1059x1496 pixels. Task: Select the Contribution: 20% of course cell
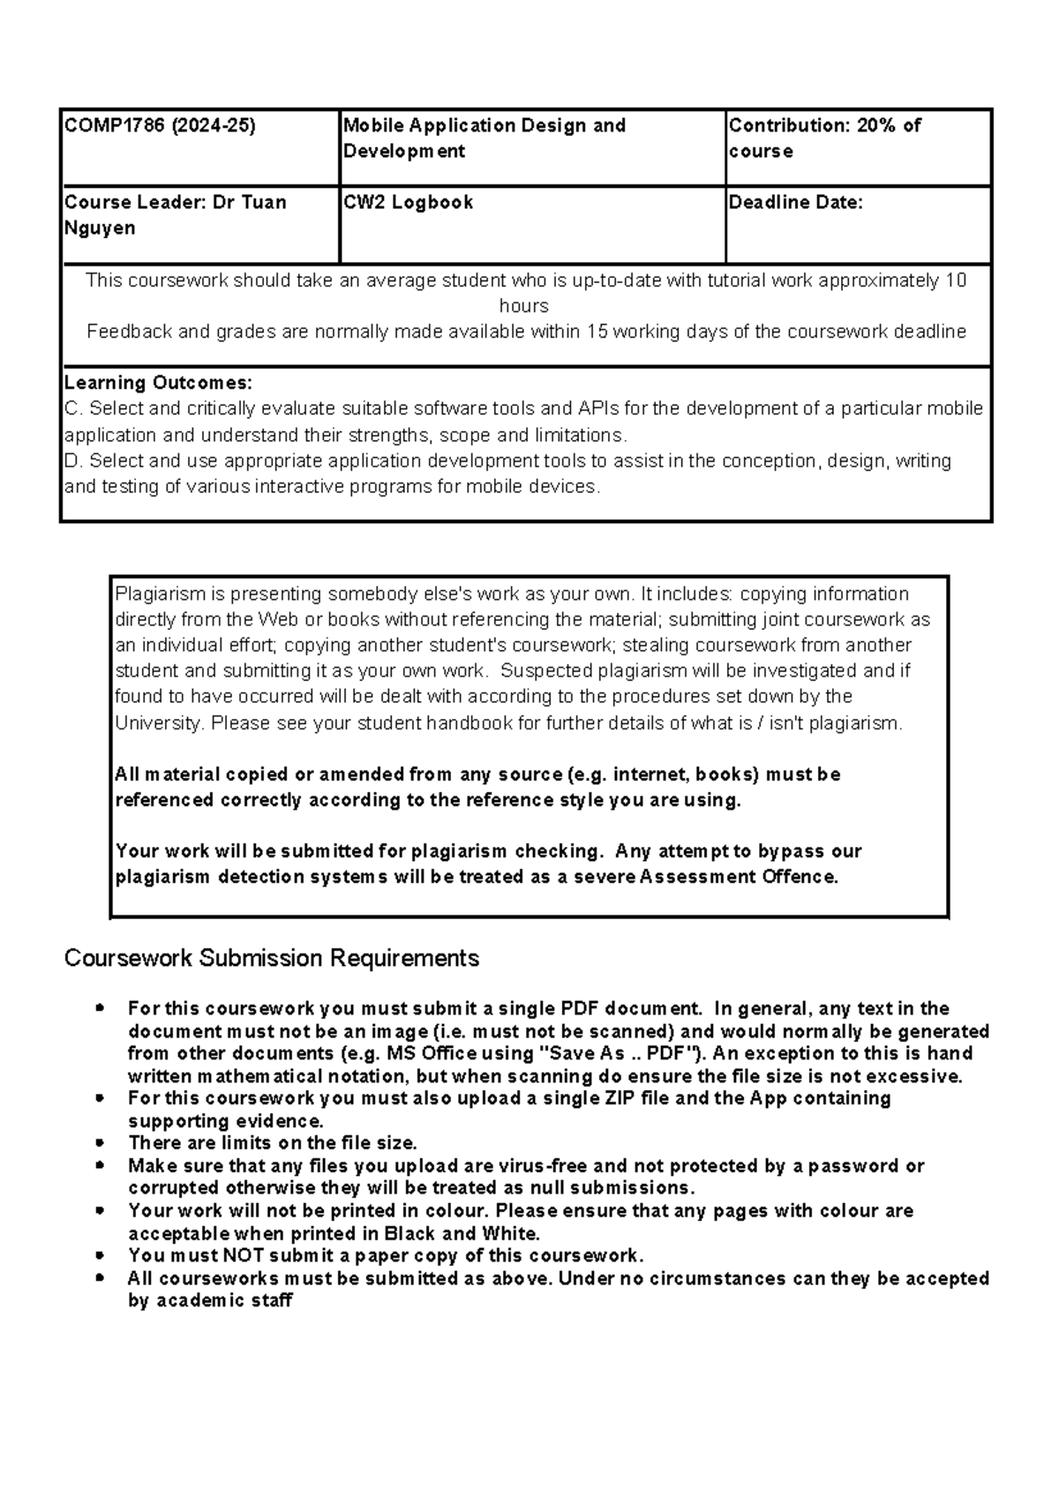pos(824,138)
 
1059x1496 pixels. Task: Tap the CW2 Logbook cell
pos(408,202)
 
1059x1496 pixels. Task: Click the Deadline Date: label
pos(795,202)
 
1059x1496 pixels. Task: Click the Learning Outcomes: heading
pos(158,383)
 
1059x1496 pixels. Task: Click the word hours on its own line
pos(523,306)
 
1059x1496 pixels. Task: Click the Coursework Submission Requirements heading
pos(271,958)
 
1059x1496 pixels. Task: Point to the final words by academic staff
pos(209,1300)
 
